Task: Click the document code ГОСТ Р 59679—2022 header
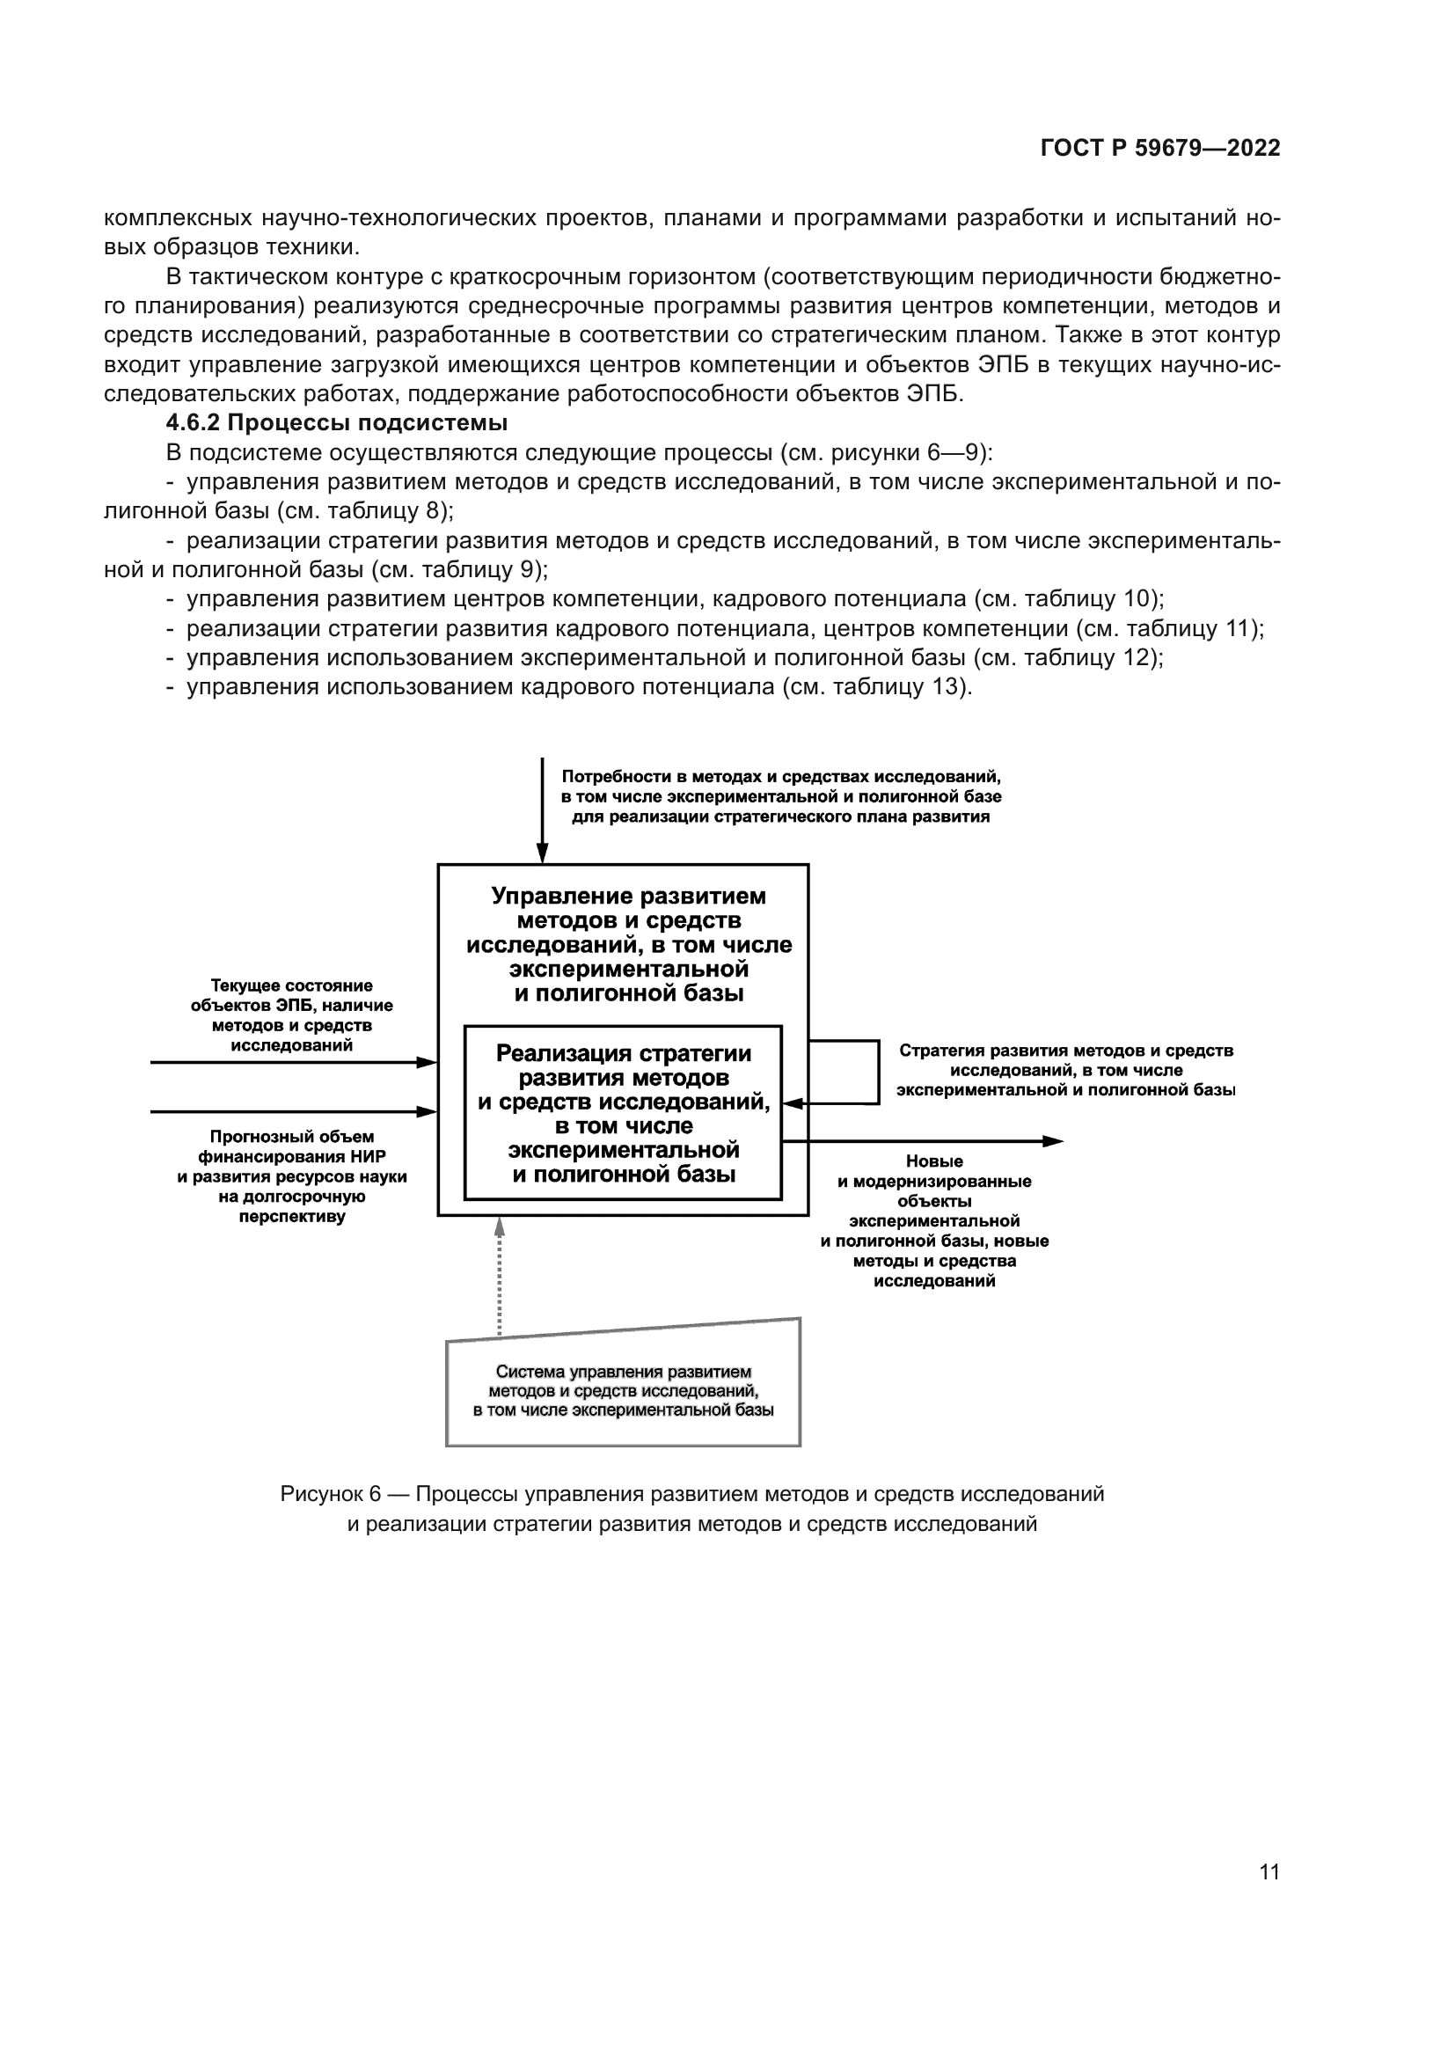point(1159,149)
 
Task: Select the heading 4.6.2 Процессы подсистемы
point(337,423)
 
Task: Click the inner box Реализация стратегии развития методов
point(623,1113)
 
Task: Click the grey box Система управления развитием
point(623,1390)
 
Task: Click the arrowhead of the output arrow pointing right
point(1054,1141)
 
